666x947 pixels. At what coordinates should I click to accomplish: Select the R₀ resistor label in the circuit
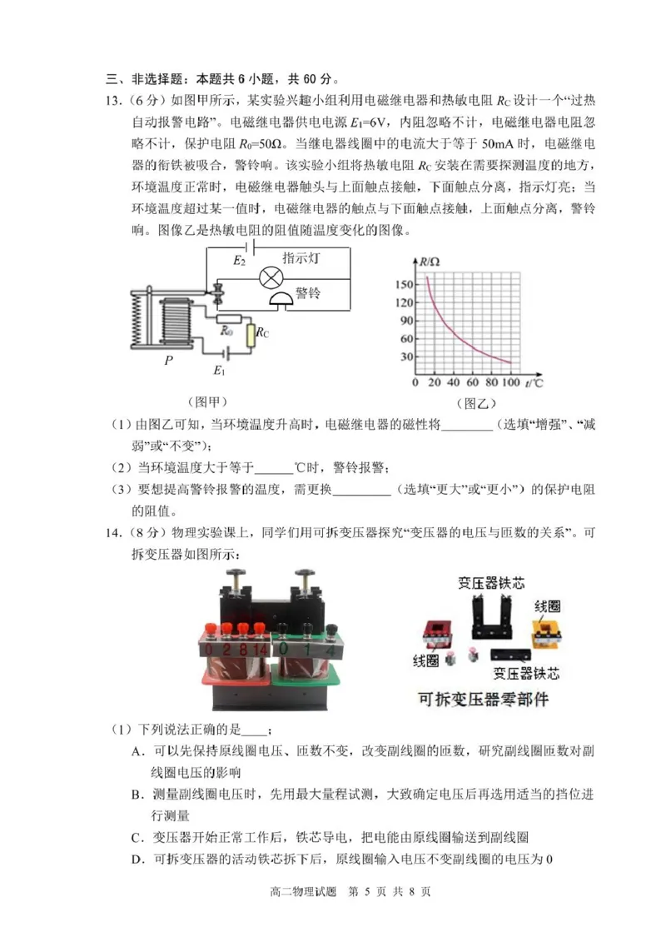coord(226,332)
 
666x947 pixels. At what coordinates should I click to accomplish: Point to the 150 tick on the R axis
coord(405,285)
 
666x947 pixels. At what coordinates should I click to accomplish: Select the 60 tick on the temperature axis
coord(472,383)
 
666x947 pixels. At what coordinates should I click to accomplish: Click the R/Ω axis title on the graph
coord(430,262)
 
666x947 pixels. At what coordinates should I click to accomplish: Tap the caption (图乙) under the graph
coord(476,402)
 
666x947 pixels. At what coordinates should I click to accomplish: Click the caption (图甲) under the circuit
coord(206,401)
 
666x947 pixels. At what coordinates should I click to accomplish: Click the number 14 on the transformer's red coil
coord(261,648)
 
